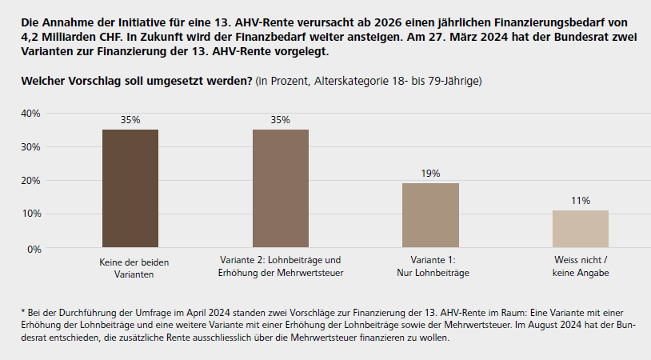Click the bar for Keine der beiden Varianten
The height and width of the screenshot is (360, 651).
click(x=130, y=188)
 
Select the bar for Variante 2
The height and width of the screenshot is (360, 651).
click(x=280, y=188)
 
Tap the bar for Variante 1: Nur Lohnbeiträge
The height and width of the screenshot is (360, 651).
click(x=430, y=215)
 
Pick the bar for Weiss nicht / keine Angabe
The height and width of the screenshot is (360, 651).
click(x=580, y=229)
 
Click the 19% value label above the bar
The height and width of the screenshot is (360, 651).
click(x=430, y=173)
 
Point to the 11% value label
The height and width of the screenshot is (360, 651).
click(x=580, y=200)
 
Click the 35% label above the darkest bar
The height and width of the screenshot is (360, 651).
click(x=130, y=119)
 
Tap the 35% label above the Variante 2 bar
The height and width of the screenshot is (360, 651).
click(x=280, y=119)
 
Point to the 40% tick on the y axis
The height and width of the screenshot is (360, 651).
click(x=31, y=113)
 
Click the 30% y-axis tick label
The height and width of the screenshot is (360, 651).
click(x=31, y=146)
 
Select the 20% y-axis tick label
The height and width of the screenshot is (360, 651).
click(x=31, y=181)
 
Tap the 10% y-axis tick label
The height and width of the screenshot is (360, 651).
click(x=31, y=214)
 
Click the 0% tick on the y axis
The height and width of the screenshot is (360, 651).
click(x=34, y=249)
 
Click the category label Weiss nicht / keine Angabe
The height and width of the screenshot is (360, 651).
click(x=581, y=266)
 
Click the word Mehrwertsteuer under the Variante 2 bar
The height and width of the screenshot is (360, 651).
click(x=311, y=274)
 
